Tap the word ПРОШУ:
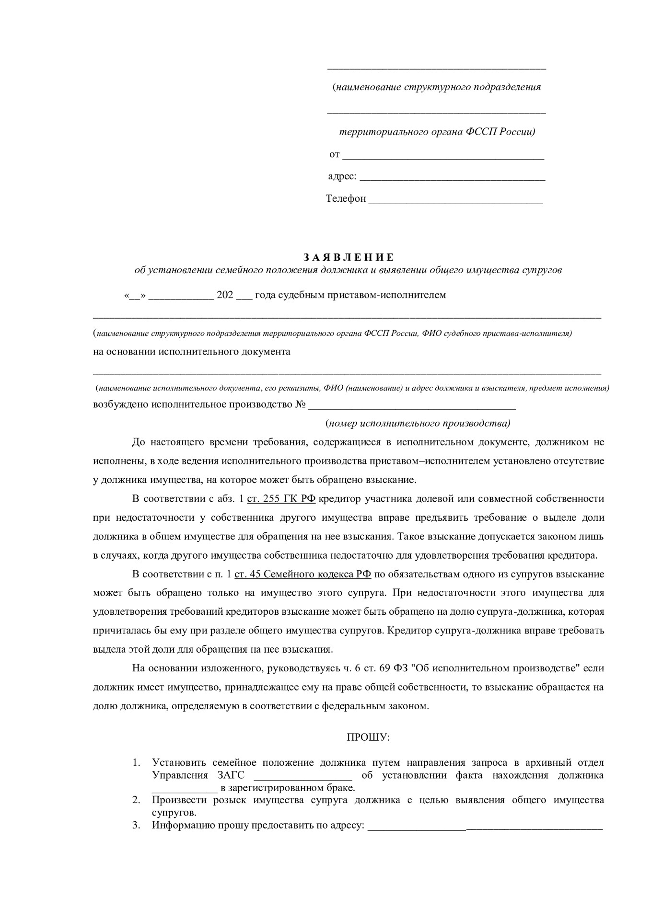tap(368, 737)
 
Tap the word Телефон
tap(346, 198)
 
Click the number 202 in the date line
tap(225, 295)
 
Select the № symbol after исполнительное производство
tap(301, 404)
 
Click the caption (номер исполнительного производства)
tap(418, 424)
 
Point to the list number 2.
tap(136, 800)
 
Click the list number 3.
tap(136, 825)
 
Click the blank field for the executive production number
tap(412, 406)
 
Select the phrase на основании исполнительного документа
tap(192, 352)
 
